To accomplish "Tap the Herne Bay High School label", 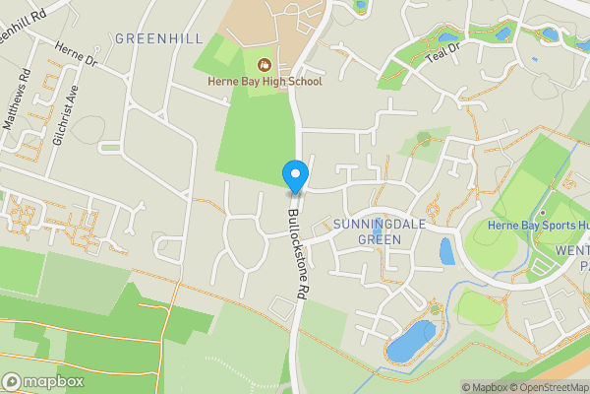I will [264, 82].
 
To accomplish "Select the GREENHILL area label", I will [158, 38].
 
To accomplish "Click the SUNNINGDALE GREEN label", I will [379, 230].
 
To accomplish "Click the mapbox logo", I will [43, 381].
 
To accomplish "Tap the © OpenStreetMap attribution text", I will [546, 387].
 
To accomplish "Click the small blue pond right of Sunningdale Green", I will [447, 251].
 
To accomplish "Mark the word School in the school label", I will [302, 82].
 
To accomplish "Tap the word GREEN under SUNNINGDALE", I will [379, 238].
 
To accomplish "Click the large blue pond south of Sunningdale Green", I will [410, 339].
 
